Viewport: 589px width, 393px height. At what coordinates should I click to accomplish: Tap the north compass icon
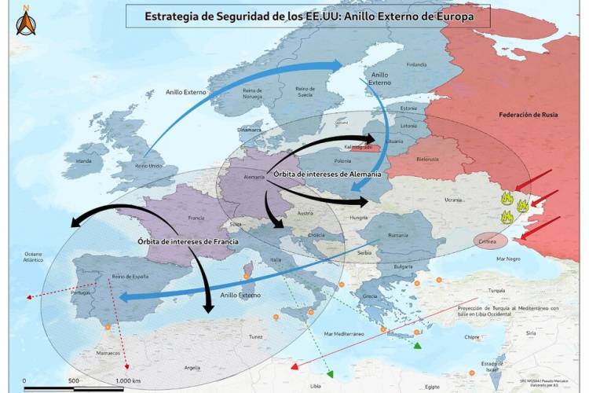click(x=27, y=21)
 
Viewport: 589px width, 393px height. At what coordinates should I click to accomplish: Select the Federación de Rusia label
click(x=528, y=115)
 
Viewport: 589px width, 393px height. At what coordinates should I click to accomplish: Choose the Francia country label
click(x=196, y=217)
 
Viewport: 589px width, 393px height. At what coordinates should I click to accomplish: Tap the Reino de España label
click(x=131, y=277)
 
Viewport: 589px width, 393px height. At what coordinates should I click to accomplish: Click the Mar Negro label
click(x=508, y=259)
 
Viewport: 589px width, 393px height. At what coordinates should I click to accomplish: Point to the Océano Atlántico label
click(x=32, y=257)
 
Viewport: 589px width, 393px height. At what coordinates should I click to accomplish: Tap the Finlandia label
click(x=416, y=64)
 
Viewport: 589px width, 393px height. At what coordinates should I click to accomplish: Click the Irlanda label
click(x=82, y=160)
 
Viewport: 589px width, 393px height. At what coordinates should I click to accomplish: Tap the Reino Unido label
click(x=149, y=166)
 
